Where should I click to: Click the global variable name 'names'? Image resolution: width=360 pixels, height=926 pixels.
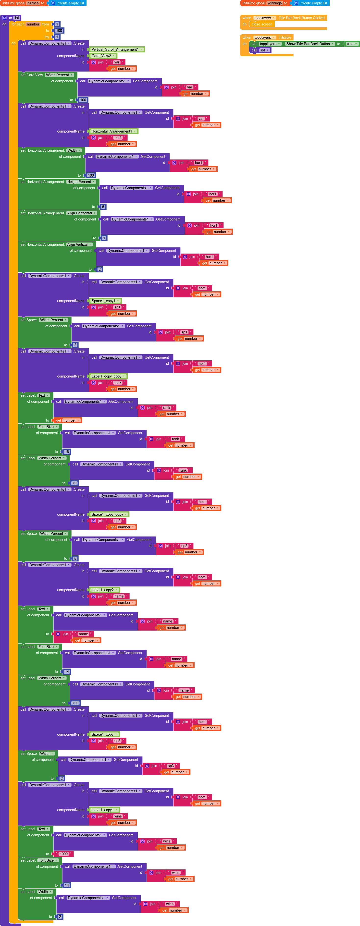[33, 3]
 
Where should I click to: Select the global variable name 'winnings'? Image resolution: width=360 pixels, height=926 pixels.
[275, 3]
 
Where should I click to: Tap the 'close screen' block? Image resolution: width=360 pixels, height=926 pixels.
[262, 24]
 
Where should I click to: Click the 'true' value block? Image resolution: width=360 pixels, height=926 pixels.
[352, 44]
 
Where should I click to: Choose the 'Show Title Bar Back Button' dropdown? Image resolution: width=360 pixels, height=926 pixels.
[310, 44]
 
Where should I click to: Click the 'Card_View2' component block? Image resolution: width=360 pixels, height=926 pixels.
[103, 56]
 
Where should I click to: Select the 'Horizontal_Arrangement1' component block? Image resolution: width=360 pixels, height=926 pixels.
[113, 132]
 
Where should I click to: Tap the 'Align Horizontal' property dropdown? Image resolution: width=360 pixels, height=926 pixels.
[82, 213]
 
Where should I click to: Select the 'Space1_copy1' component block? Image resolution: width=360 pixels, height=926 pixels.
[105, 301]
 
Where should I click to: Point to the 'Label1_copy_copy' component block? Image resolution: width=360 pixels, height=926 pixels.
[108, 376]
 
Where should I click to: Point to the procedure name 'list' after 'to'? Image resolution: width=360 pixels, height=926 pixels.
[17, 18]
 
